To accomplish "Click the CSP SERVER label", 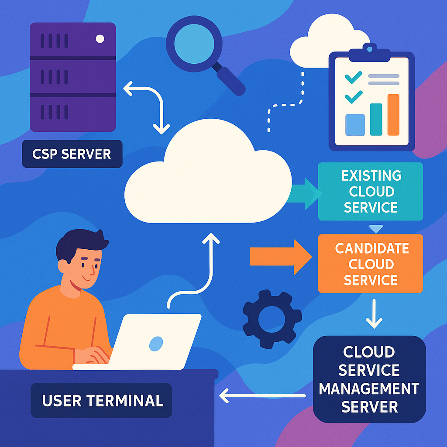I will (x=72, y=154).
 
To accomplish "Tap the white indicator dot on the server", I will (x=100, y=39).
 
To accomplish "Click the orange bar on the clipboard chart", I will (x=393, y=115).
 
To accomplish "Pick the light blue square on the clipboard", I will (x=355, y=124).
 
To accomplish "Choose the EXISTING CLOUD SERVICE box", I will (x=371, y=191).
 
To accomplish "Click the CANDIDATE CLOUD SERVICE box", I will (x=371, y=263).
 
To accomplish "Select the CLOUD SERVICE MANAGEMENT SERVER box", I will (x=370, y=379).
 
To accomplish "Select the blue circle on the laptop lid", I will (x=156, y=344).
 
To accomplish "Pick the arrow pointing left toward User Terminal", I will (x=262, y=396).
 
